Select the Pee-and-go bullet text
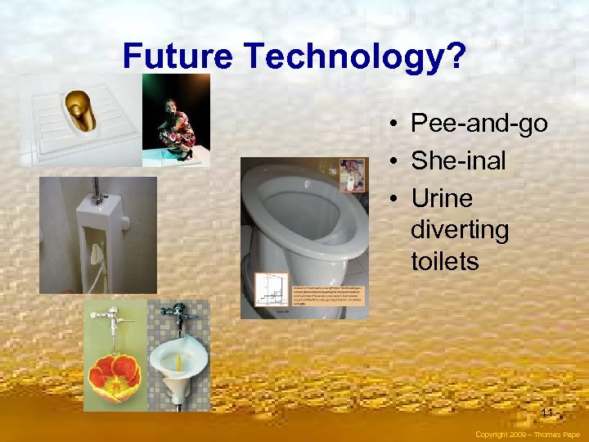[x=479, y=124]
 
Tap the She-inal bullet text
[x=458, y=161]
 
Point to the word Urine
[x=442, y=198]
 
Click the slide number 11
[x=546, y=412]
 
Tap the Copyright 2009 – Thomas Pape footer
[x=527, y=435]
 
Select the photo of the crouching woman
[x=175, y=120]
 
